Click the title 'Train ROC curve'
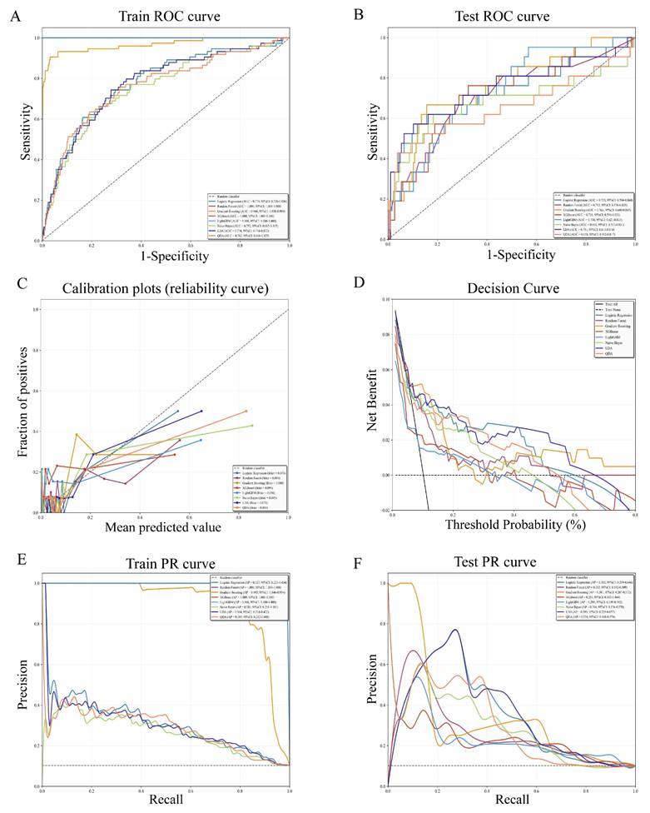[x=166, y=16]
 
